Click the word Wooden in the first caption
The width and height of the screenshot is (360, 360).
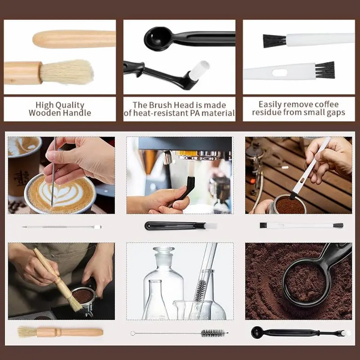[45, 113]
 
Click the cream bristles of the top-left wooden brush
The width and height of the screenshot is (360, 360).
[67, 72]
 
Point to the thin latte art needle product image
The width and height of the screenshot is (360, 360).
[61, 227]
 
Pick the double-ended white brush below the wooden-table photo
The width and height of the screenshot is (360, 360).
[301, 225]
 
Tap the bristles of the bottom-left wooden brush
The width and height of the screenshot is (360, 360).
[27, 332]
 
